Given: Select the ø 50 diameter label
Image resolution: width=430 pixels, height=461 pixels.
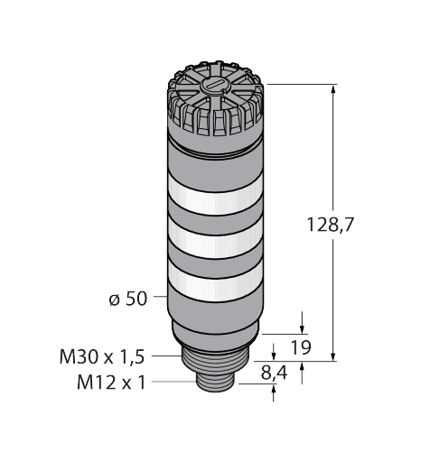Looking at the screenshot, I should point(127,299).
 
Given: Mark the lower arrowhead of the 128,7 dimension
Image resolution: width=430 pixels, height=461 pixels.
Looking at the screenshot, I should point(334,355).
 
